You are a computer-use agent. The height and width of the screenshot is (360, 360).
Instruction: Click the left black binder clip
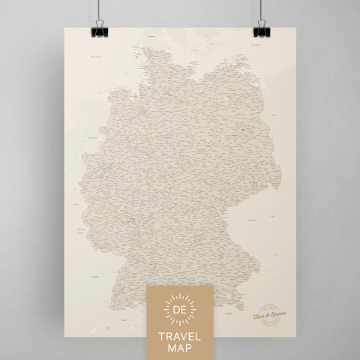tap(98, 29)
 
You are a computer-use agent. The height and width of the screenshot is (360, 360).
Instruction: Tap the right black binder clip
tap(260, 29)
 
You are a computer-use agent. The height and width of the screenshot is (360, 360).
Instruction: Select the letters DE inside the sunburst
tap(181, 308)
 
